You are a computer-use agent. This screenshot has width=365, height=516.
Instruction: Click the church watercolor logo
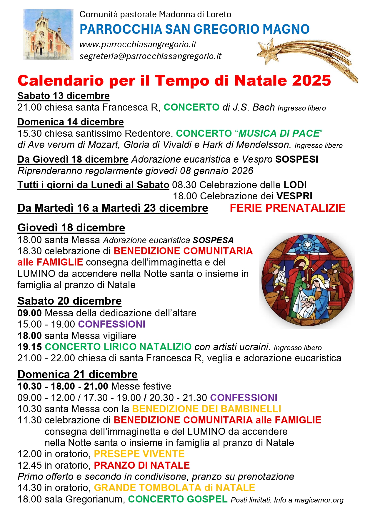(48, 34)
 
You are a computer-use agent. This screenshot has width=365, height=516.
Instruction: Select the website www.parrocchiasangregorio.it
(138, 44)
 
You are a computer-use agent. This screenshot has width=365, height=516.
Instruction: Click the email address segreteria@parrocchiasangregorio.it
(150, 56)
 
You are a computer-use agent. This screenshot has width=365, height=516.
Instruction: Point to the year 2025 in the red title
(312, 81)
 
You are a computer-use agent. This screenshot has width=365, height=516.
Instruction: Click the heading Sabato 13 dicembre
(64, 96)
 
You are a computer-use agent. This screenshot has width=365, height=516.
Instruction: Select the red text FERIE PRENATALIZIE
(287, 208)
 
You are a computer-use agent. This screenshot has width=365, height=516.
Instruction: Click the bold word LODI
(295, 185)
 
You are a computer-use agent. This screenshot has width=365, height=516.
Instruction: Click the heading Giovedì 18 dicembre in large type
(71, 228)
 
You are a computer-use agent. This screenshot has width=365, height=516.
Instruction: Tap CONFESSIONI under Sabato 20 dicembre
(111, 324)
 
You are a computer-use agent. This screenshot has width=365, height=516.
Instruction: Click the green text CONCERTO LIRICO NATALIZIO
(118, 347)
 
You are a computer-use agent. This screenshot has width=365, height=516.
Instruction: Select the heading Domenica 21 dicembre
(77, 374)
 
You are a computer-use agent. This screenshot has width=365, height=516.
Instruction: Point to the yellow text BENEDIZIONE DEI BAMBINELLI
(206, 409)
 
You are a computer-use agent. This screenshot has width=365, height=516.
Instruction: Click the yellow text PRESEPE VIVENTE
(139, 454)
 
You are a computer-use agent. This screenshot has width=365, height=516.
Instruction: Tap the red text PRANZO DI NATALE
(142, 465)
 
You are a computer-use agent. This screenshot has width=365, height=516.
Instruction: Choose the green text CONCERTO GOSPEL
(178, 499)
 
